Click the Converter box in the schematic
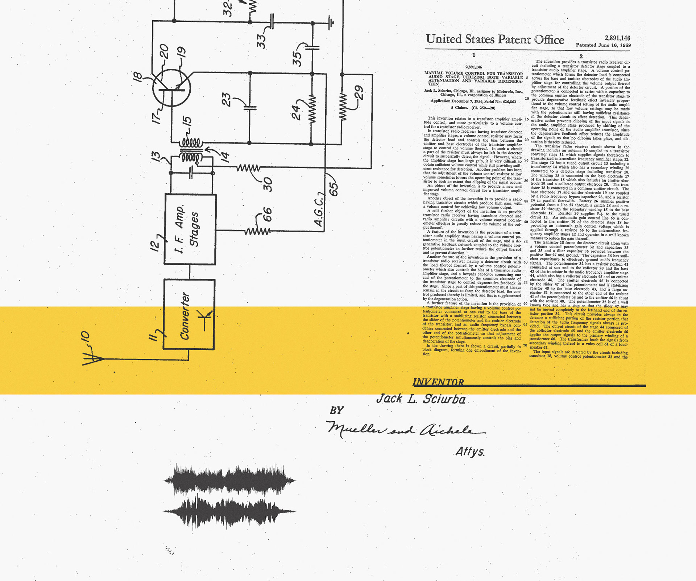[189, 314]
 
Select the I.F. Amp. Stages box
[190, 229]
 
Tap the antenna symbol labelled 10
[94, 359]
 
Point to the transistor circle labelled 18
[171, 88]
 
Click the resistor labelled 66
[257, 231]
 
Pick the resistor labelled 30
[248, 168]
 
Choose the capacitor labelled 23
[250, 107]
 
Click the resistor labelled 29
[343, 107]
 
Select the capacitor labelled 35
[312, 47]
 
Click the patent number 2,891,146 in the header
[617, 38]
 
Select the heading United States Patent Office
[495, 39]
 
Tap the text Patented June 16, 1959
[603, 45]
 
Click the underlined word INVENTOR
[438, 382]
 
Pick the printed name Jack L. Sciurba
[421, 399]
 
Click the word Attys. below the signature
[470, 452]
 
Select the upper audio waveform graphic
[229, 480]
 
